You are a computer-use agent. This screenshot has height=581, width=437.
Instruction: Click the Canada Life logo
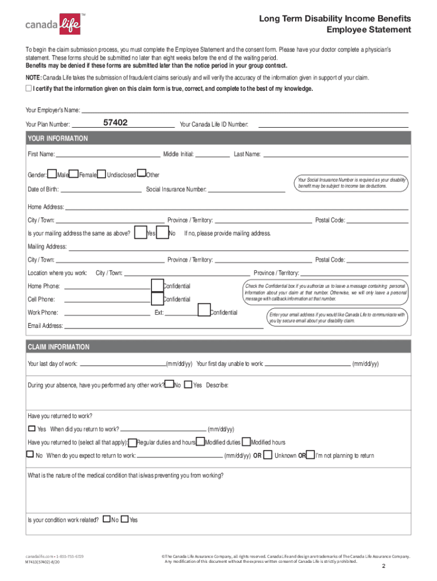click(x=53, y=24)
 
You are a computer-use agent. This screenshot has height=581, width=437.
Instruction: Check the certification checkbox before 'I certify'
click(x=28, y=89)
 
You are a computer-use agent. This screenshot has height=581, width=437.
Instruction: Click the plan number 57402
click(x=116, y=123)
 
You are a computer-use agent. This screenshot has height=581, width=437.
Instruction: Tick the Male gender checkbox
click(x=52, y=174)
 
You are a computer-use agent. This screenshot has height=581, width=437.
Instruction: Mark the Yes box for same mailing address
click(x=140, y=233)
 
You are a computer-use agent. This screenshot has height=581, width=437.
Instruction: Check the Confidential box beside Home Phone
click(x=157, y=285)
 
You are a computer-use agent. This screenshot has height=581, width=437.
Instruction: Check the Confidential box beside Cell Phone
click(x=157, y=298)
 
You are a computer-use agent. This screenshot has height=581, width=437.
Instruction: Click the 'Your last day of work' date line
click(x=122, y=364)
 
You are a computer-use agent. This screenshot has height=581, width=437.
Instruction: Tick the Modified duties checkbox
click(x=200, y=441)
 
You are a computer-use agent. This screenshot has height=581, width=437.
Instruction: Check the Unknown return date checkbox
click(x=269, y=454)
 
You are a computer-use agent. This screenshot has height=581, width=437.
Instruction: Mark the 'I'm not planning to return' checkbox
click(x=310, y=454)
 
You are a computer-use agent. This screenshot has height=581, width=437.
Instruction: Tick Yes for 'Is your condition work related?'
click(x=125, y=519)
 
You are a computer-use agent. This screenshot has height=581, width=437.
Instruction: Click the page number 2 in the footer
click(x=384, y=567)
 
